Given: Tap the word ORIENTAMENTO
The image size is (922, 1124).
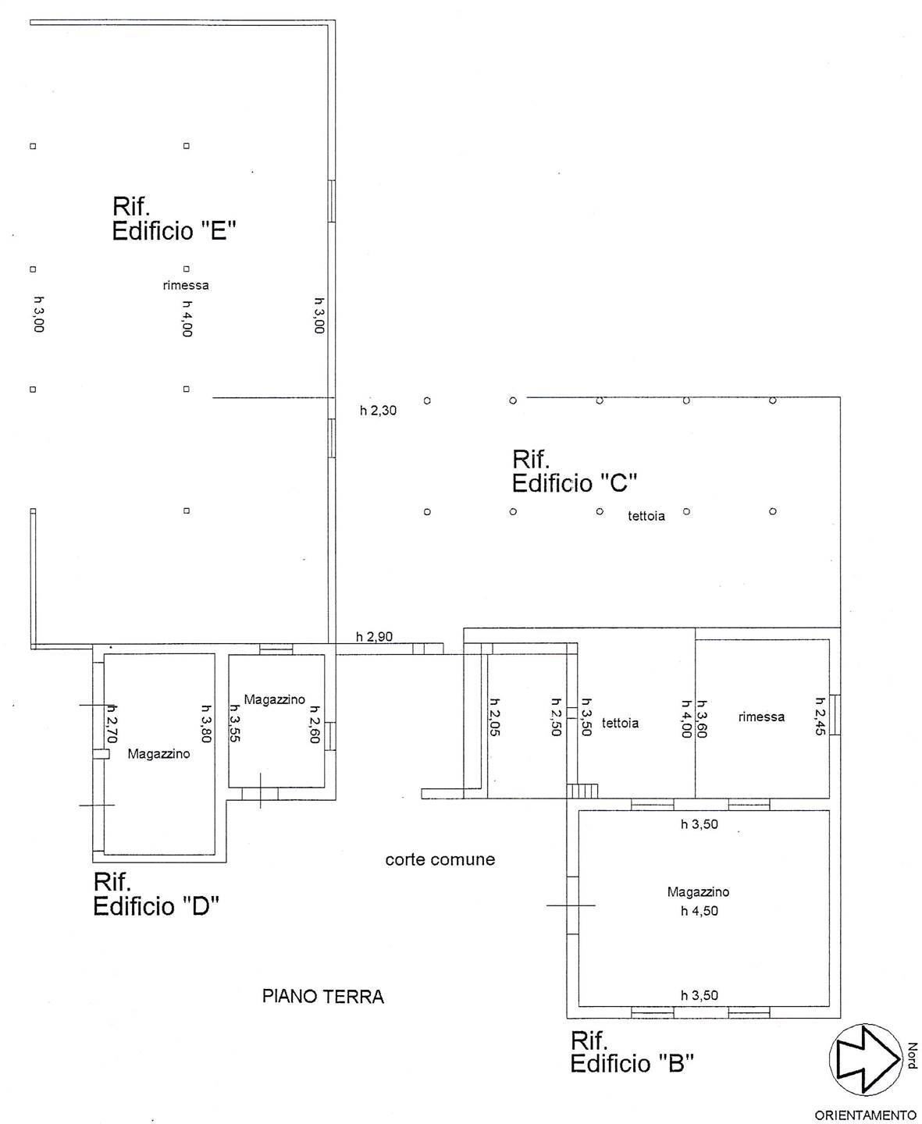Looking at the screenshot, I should [865, 1115].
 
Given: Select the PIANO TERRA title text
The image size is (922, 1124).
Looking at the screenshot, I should [323, 997].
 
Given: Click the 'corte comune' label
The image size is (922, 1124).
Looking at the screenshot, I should [440, 860].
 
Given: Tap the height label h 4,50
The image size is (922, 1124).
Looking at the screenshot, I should [700, 911].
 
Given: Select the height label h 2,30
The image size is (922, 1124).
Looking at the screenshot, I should [379, 411].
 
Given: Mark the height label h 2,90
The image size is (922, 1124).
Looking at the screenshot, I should [374, 637].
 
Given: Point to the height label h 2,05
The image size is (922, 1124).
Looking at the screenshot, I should [493, 717].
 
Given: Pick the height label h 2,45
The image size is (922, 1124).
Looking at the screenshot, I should [821, 717].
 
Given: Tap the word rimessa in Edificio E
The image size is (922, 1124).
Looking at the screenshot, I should [186, 286].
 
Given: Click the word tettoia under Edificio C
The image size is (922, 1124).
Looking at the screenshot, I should [646, 516].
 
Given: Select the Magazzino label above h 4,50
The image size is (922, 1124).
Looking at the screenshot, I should [699, 892].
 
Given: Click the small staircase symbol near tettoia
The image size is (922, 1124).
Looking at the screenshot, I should [584, 791].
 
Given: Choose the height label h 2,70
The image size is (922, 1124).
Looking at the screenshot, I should [111, 722].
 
